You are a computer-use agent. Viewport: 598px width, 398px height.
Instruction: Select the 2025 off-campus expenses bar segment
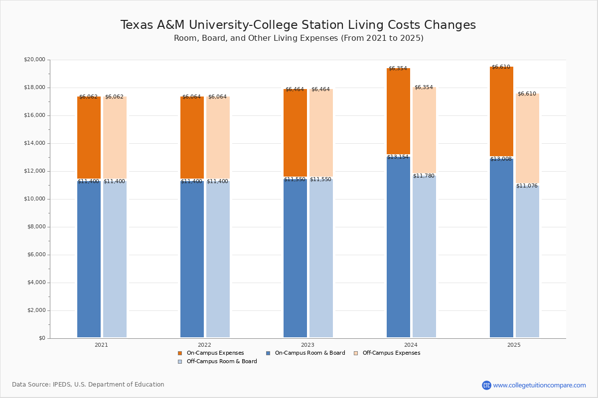click(527, 138)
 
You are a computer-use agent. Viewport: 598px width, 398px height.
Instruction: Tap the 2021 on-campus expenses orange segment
click(89, 138)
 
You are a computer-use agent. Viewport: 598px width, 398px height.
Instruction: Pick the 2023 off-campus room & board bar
click(321, 259)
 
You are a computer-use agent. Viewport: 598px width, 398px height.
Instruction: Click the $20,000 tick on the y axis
click(34, 60)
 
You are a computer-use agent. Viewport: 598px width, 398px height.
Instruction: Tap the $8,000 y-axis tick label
click(36, 227)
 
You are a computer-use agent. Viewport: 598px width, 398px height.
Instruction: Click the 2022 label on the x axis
click(204, 345)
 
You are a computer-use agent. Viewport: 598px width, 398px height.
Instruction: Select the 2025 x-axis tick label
click(514, 345)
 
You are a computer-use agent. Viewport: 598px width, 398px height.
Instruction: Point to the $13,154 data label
click(398, 157)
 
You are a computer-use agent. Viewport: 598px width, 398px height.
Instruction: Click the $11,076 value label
click(527, 186)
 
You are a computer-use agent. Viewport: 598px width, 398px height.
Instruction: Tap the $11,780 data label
click(424, 176)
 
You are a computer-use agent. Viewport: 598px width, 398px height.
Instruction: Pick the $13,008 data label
click(501, 159)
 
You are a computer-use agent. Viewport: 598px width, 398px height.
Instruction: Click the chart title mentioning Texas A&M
click(298, 25)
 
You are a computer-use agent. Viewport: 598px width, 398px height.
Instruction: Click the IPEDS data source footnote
click(88, 385)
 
